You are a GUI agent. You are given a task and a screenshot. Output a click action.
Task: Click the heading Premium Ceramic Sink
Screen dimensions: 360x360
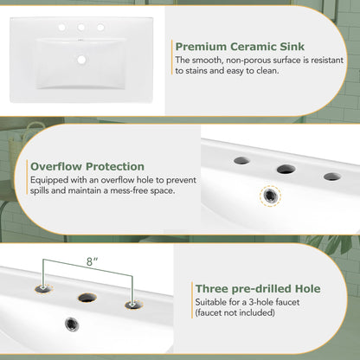[x=239, y=47]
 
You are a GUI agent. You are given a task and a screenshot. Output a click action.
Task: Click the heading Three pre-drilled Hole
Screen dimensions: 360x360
[x=257, y=288]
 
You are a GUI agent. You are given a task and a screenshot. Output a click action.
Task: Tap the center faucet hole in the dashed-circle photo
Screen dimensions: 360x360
[x=286, y=169]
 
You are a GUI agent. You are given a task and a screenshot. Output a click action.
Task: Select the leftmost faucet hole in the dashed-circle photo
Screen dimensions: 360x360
[x=242, y=160]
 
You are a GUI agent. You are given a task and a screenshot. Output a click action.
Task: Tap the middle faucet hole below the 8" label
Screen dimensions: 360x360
[x=87, y=297]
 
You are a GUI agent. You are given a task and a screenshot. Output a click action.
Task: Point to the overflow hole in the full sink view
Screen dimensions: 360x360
[x=85, y=60]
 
